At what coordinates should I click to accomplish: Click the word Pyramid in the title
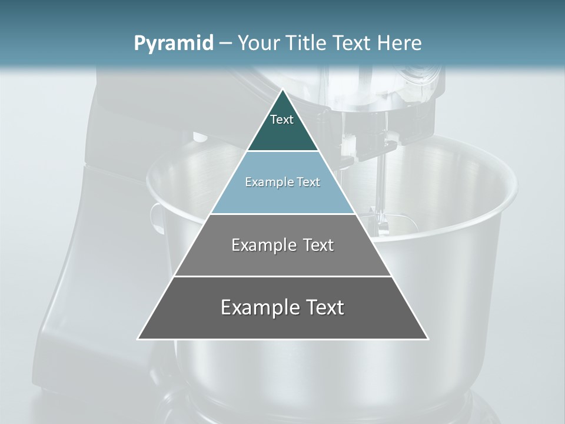[174, 44]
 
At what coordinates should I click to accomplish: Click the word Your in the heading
[260, 44]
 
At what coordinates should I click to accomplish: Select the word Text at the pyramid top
[282, 120]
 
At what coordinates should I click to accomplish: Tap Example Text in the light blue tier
[282, 182]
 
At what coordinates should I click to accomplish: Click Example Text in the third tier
[282, 245]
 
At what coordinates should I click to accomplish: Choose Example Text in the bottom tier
[282, 307]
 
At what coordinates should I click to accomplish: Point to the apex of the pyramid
[282, 90]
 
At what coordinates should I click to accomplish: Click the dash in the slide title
[225, 44]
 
